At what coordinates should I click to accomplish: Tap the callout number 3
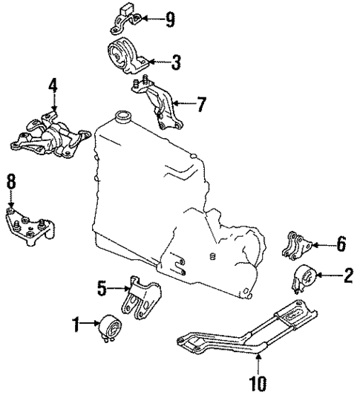[x=175, y=65]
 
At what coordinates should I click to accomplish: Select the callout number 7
[x=200, y=105]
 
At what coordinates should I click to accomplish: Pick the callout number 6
[x=341, y=243]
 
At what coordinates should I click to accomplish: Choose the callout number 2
[x=346, y=278]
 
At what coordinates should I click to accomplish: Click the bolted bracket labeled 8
[x=28, y=228]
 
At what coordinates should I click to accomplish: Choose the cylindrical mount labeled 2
[x=304, y=279]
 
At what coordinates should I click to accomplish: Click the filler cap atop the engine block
[x=120, y=117]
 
